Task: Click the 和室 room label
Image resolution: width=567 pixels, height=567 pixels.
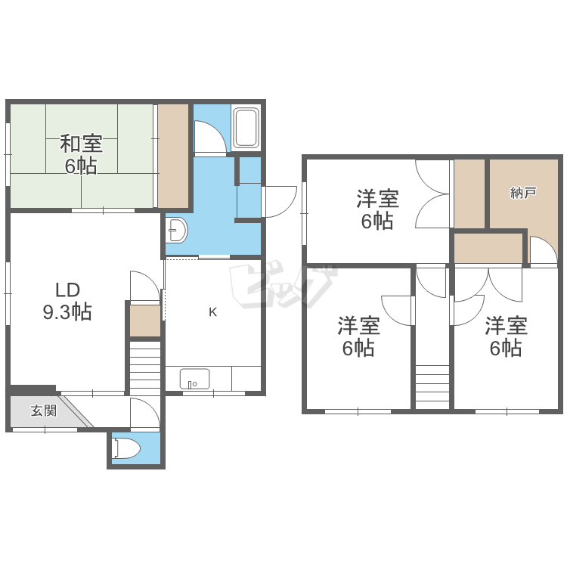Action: click(x=81, y=143)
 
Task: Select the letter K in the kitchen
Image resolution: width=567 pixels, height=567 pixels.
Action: click(x=213, y=311)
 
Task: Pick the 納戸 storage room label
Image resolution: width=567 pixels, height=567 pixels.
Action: click(x=523, y=193)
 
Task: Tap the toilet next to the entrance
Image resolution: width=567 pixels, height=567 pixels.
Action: click(x=126, y=449)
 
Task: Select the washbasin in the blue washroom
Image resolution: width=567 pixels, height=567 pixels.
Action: click(x=177, y=230)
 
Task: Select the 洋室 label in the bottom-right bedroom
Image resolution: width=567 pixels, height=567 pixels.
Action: click(x=506, y=327)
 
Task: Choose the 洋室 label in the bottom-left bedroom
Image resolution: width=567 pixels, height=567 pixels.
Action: click(x=358, y=327)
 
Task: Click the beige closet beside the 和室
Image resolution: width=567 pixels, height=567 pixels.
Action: click(x=173, y=155)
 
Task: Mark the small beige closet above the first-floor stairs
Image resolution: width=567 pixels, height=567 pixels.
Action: click(x=144, y=321)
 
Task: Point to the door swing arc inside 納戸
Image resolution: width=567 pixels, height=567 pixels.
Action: click(x=539, y=250)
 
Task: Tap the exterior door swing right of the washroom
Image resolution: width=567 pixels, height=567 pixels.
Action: click(x=278, y=201)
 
